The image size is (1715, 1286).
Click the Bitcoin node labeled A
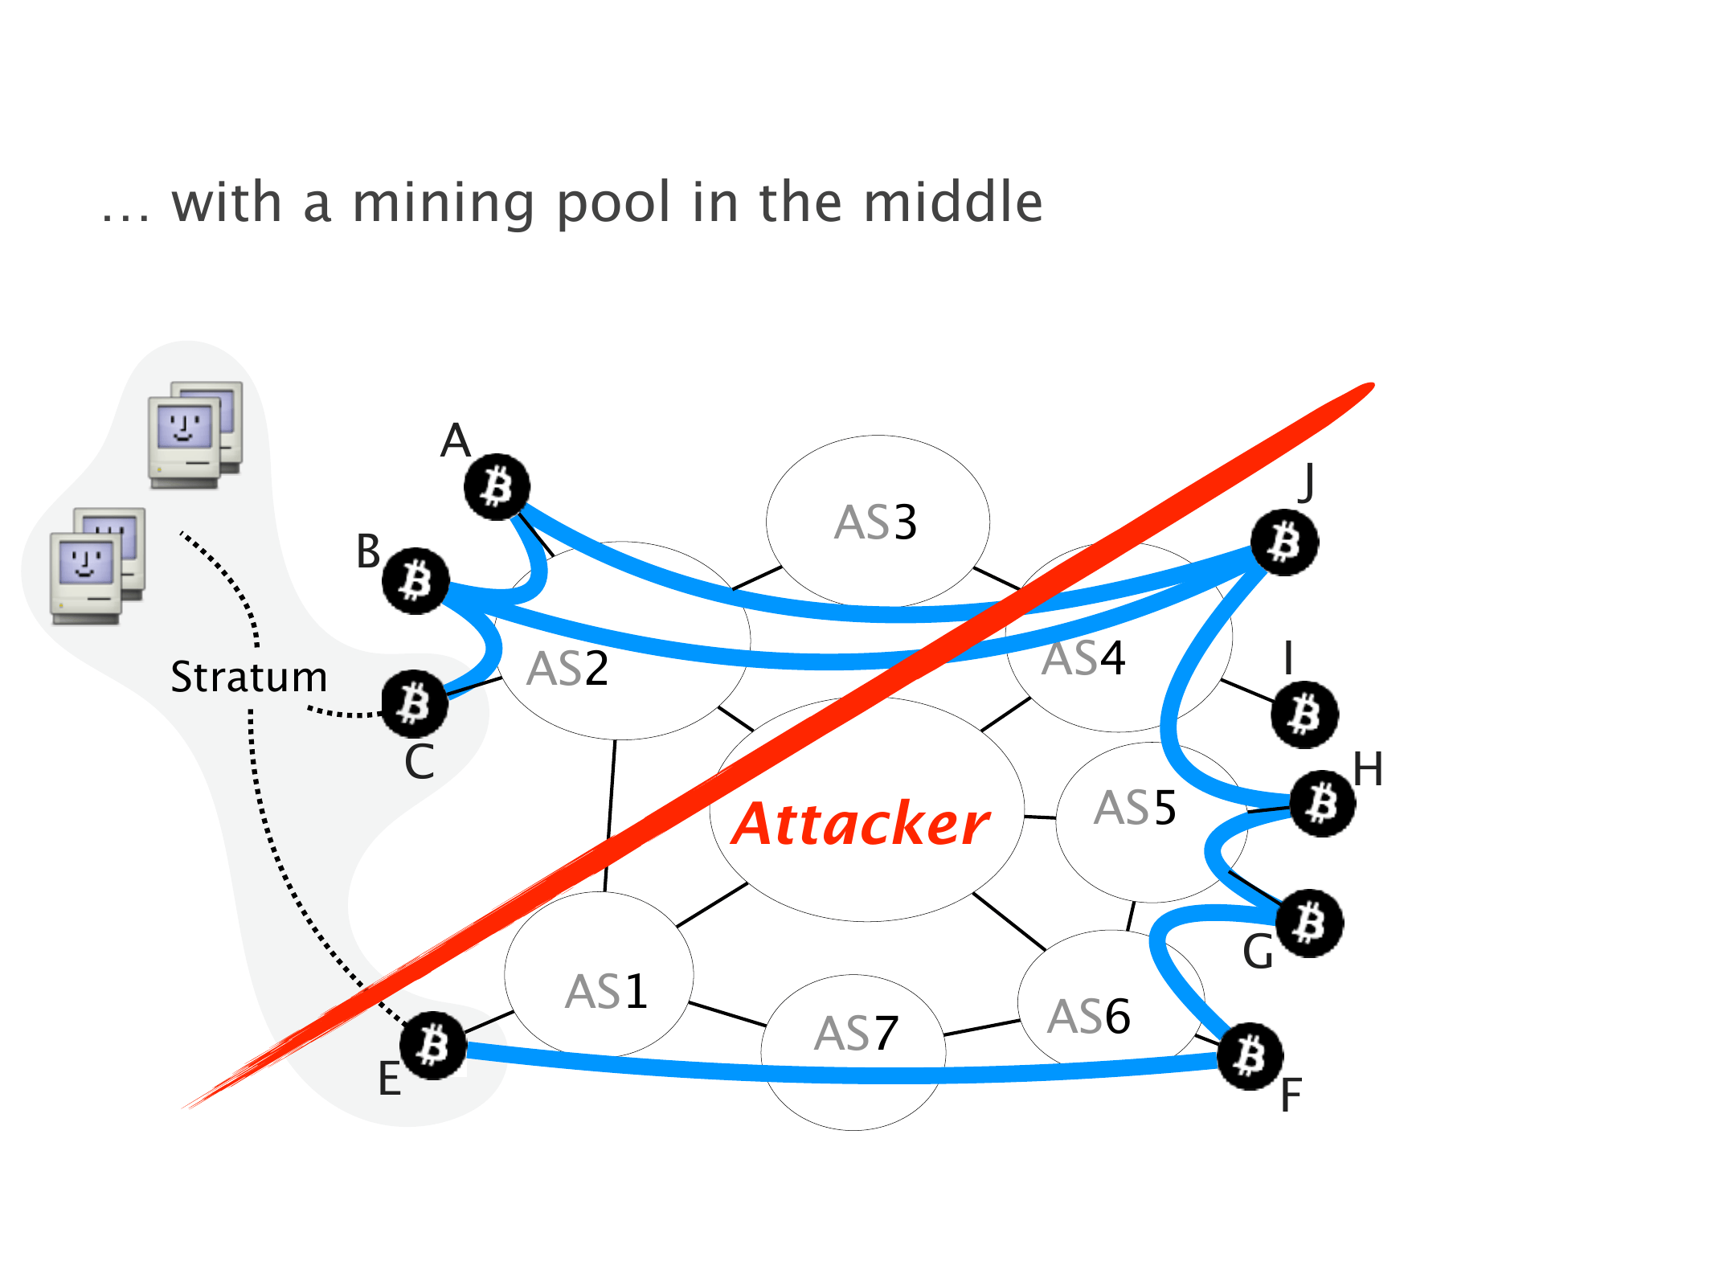[x=497, y=486]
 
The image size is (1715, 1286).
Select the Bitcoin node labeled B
[x=415, y=580]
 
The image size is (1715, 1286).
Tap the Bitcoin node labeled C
[x=415, y=703]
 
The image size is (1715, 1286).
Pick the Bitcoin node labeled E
[x=433, y=1045]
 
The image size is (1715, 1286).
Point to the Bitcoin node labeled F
[x=1250, y=1055]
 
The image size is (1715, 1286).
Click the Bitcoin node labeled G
[x=1310, y=923]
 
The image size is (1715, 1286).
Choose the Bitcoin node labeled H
[x=1322, y=803]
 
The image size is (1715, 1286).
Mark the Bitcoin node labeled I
[x=1304, y=715]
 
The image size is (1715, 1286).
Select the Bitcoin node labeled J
[x=1285, y=543]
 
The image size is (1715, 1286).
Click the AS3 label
[x=876, y=522]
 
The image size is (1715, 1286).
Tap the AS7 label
[x=856, y=1034]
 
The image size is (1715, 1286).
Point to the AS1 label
[x=606, y=992]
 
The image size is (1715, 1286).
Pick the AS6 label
[x=1089, y=1017]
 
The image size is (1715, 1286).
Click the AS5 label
[x=1135, y=808]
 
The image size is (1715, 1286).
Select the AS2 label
[x=567, y=669]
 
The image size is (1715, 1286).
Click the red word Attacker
[x=860, y=824]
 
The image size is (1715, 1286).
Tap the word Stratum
[x=249, y=677]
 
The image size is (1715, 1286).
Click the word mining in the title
[x=444, y=203]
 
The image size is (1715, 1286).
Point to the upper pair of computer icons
[x=194, y=434]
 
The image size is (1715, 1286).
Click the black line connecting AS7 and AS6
[x=982, y=1028]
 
